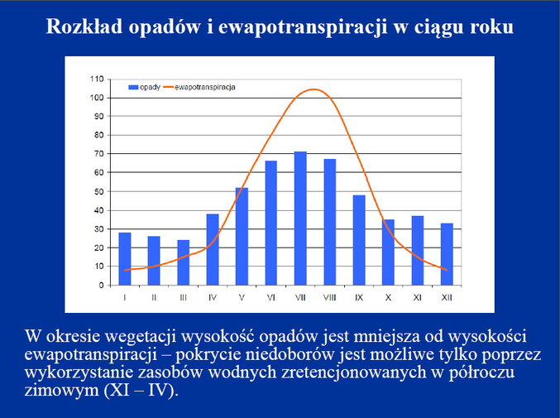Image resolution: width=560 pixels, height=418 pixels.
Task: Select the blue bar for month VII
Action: click(300, 219)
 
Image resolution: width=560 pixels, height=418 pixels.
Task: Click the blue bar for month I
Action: click(125, 258)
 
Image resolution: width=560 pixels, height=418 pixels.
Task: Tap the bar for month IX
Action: click(359, 240)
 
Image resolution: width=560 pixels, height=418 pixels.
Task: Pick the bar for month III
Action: click(183, 262)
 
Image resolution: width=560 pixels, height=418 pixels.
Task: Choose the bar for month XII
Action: click(447, 254)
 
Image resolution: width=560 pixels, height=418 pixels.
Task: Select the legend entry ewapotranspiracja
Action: click(199, 87)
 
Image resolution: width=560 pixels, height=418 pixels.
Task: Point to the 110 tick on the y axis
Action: click(97, 79)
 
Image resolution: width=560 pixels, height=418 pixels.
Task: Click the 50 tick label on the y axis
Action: click(99, 191)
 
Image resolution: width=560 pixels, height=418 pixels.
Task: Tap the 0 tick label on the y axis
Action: click(102, 285)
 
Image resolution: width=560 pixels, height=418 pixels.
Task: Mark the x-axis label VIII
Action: click(330, 297)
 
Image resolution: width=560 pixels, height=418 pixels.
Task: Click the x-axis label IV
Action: click(213, 297)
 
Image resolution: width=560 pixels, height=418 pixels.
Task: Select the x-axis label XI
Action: click(418, 297)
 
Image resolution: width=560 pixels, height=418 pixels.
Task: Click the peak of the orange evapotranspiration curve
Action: click(314, 89)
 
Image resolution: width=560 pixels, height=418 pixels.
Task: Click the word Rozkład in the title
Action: click(84, 26)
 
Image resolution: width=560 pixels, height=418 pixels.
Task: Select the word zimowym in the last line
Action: click(61, 390)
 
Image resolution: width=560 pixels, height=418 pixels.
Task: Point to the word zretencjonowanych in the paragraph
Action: click(354, 372)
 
